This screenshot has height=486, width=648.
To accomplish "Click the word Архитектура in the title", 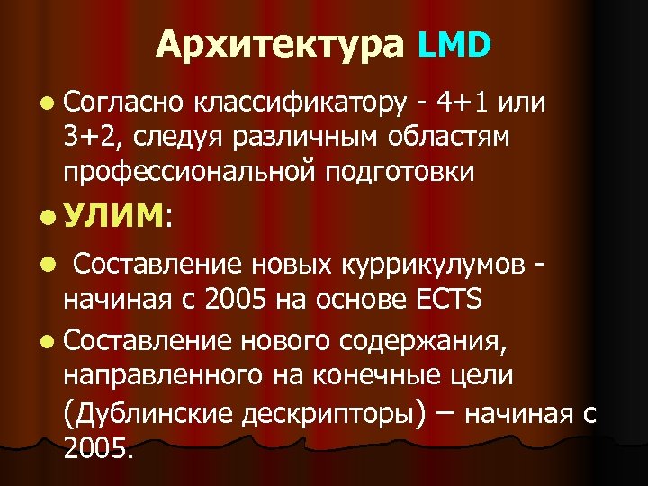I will (279, 43).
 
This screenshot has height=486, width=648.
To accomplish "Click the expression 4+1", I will (462, 103).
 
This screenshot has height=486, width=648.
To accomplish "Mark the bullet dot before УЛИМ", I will (48, 217).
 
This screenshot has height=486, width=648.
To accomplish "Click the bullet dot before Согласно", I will (48, 104).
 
